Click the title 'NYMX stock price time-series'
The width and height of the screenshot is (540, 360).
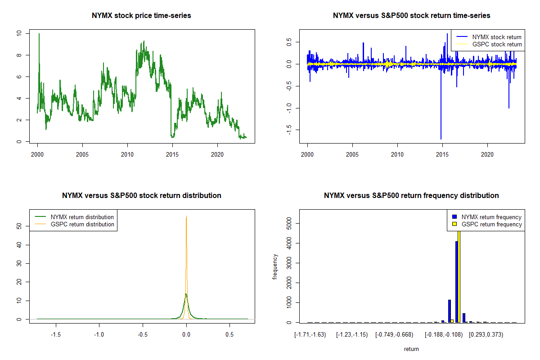pos(141,16)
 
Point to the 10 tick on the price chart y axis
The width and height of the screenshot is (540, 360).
pos(18,33)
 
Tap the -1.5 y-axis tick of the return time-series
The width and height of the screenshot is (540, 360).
pos(288,129)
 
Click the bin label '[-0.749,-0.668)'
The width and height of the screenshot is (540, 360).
pos(394,334)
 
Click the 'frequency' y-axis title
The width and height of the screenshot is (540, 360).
pos(275,266)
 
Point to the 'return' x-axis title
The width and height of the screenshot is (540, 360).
pos(411,349)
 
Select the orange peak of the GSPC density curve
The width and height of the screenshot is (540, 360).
pos(186,217)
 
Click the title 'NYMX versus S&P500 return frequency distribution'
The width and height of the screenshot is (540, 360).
pos(411,196)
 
